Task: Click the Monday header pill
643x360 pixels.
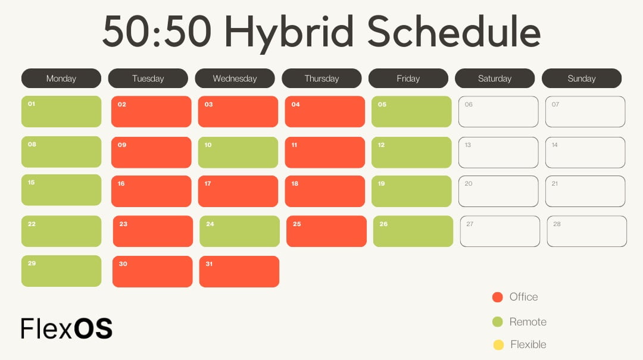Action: click(x=61, y=79)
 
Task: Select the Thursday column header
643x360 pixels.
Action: click(x=321, y=79)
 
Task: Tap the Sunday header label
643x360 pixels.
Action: click(x=581, y=79)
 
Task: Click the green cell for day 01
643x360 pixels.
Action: click(x=61, y=112)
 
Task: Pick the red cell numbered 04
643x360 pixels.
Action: click(x=324, y=112)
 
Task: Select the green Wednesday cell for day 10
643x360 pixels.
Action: click(x=238, y=152)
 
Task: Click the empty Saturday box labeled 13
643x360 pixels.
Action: click(x=498, y=152)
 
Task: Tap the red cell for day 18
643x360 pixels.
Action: click(x=324, y=192)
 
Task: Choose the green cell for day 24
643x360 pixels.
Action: click(x=239, y=231)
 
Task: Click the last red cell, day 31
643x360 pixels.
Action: click(x=239, y=271)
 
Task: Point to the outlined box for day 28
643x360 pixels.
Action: click(x=586, y=231)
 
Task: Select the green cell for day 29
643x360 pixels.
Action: click(x=61, y=271)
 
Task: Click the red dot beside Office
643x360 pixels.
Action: click(x=498, y=297)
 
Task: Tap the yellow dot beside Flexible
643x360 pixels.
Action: click(x=498, y=345)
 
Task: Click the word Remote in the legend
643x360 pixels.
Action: click(x=527, y=322)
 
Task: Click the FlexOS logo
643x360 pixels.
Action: click(x=66, y=328)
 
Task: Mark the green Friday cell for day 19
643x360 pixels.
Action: click(x=411, y=192)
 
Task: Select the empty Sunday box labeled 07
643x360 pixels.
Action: click(x=585, y=112)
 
